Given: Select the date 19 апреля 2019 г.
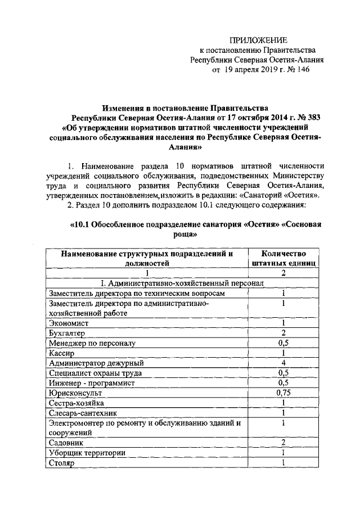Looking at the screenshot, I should (x=251, y=70).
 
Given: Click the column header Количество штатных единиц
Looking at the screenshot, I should (x=283, y=258).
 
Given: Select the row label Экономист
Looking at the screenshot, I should (x=69, y=323).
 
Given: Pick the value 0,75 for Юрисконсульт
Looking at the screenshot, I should (x=283, y=393).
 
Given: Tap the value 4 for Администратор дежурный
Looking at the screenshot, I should (x=283, y=363).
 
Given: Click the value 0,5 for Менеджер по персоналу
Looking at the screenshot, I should (x=283, y=343).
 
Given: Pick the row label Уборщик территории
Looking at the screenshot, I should (x=87, y=453).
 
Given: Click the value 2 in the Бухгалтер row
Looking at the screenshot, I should (x=283, y=333).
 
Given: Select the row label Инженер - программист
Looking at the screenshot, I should (x=88, y=383).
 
